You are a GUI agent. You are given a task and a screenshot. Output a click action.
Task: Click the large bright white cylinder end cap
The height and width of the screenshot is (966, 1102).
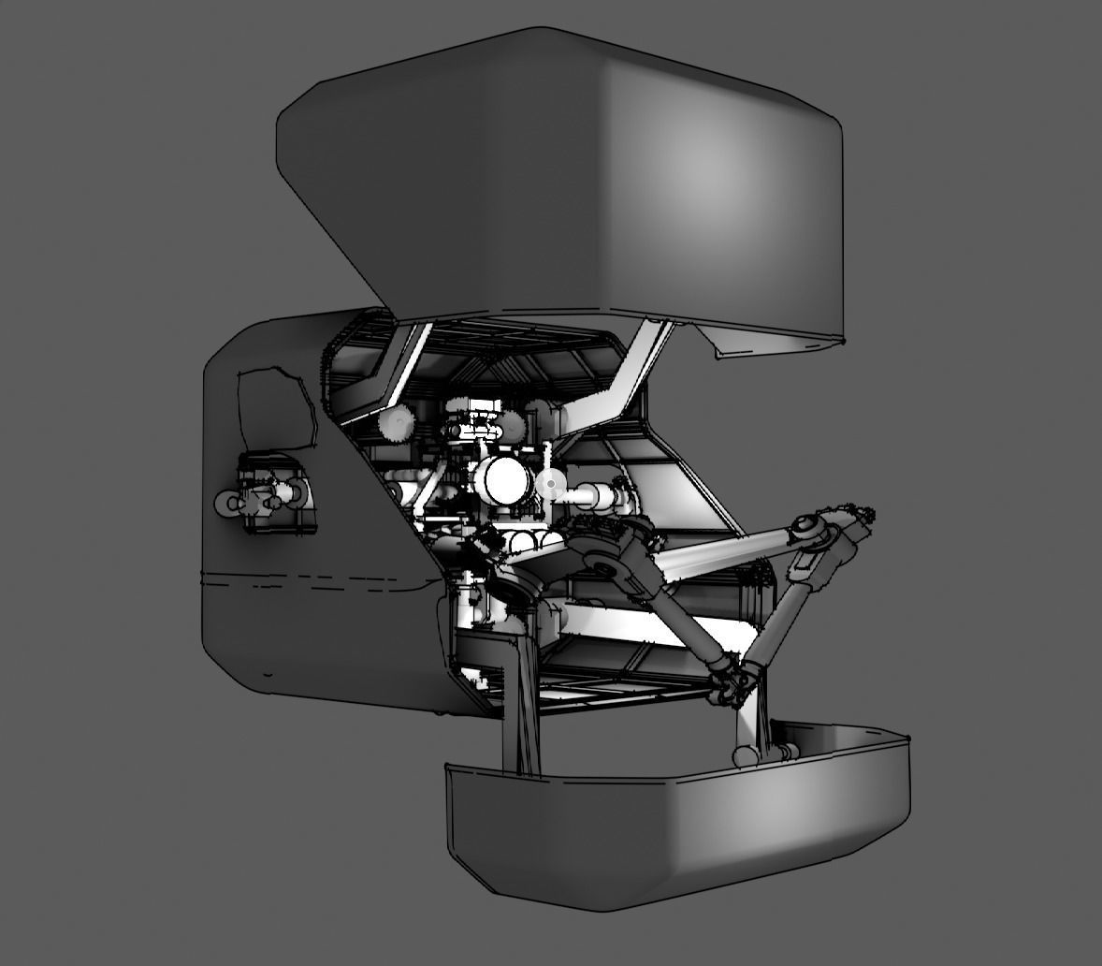(x=505, y=479)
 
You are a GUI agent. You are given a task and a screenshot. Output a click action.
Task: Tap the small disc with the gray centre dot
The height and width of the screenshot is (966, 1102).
(x=550, y=484)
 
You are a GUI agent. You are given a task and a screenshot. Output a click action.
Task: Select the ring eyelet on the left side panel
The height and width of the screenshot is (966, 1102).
(x=230, y=504)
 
